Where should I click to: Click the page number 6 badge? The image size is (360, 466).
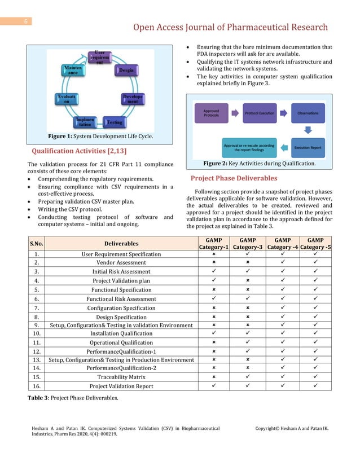(x=25, y=22)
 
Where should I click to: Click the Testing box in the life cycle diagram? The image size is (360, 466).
(x=115, y=122)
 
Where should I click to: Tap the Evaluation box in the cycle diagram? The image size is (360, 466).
(x=63, y=100)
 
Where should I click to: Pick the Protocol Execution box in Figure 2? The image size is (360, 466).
(x=260, y=113)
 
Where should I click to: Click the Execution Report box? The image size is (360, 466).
(x=308, y=148)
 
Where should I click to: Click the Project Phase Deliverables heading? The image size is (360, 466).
(x=234, y=178)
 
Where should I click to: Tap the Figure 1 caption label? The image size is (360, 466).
(x=63, y=136)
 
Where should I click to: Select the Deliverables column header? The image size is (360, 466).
(x=121, y=244)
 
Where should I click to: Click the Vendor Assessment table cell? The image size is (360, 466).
(x=121, y=262)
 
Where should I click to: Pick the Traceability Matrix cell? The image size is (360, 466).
(x=121, y=377)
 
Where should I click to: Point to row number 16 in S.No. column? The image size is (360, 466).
(x=37, y=386)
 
